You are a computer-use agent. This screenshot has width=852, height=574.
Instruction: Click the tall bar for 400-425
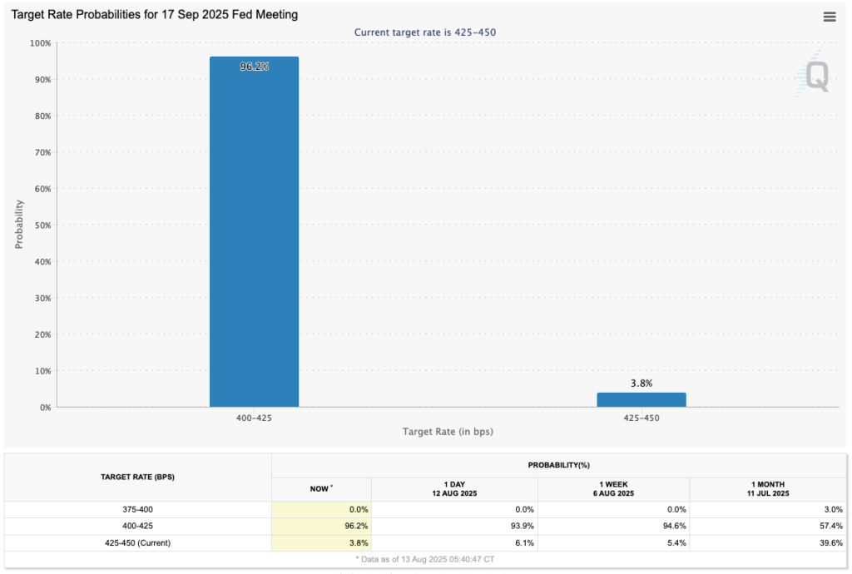click(x=254, y=233)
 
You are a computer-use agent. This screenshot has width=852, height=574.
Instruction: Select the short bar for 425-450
click(x=641, y=399)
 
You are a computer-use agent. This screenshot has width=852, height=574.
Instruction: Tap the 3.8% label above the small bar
click(x=641, y=383)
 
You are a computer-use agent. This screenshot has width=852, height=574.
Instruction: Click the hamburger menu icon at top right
click(x=830, y=17)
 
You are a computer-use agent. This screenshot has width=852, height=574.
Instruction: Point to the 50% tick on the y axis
click(x=42, y=225)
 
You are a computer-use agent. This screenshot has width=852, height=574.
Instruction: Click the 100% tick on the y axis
click(x=40, y=43)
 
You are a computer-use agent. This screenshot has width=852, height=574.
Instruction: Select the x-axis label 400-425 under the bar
click(x=254, y=418)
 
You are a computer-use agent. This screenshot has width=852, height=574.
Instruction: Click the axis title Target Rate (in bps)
click(x=447, y=432)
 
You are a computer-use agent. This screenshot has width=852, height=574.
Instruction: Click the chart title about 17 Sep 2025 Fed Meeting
click(x=154, y=15)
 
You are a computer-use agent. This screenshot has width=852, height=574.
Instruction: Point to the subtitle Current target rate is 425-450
click(x=425, y=32)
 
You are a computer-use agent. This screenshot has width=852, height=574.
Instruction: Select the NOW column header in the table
click(x=321, y=489)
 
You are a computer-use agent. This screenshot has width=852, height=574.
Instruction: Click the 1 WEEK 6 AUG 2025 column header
click(x=613, y=489)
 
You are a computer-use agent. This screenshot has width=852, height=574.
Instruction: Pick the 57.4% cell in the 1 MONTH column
click(x=830, y=526)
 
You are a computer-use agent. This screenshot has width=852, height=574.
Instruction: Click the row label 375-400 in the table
click(x=137, y=509)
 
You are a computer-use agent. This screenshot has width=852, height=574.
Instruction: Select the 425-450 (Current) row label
click(x=137, y=542)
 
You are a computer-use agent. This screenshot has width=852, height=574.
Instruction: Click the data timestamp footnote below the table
click(x=425, y=559)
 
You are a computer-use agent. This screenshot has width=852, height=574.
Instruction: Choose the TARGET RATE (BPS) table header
click(x=137, y=478)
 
